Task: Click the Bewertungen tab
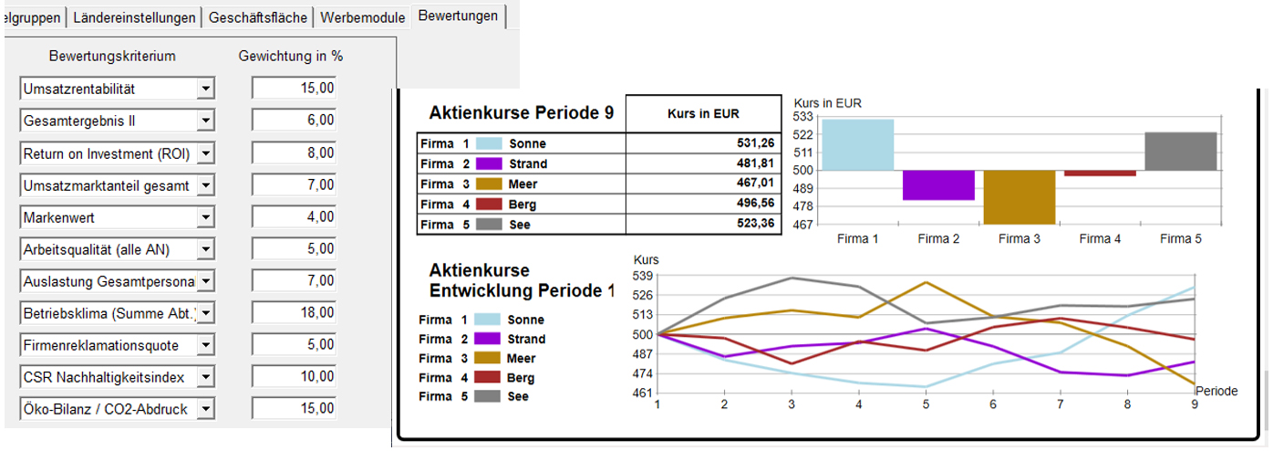(x=458, y=16)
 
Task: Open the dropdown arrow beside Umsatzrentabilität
(x=206, y=89)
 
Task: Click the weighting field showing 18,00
(x=294, y=313)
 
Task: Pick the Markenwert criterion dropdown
(x=109, y=217)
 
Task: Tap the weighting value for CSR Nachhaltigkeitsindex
(x=294, y=377)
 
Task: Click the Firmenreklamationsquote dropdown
(x=109, y=345)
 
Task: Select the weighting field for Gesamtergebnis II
(x=294, y=121)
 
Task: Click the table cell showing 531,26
(x=703, y=143)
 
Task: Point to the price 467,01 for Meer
(x=703, y=184)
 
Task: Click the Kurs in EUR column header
(x=703, y=114)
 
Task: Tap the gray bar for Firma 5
(x=1180, y=152)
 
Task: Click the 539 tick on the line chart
(x=643, y=276)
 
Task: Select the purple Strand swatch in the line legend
(x=489, y=340)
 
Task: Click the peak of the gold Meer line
(x=925, y=283)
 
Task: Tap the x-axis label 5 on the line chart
(x=925, y=404)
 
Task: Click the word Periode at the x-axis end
(x=1216, y=391)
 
